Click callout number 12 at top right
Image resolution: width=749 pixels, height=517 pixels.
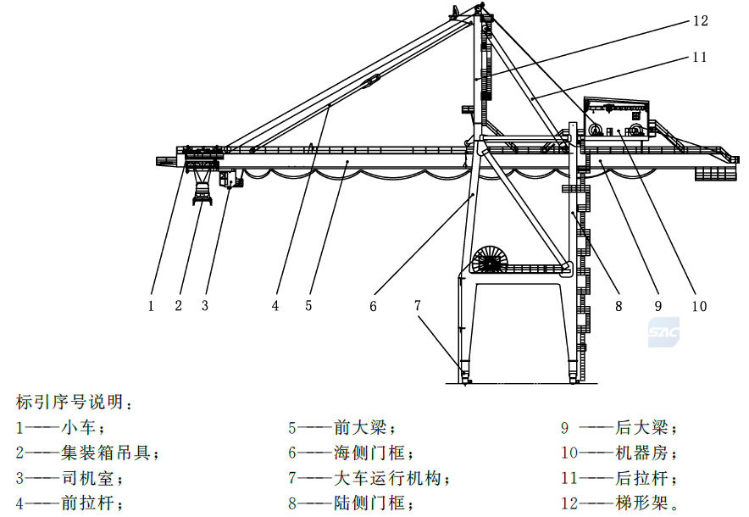[700, 20]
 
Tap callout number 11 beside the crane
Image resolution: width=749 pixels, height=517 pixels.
[700, 57]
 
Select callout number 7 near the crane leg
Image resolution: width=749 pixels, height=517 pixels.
[418, 305]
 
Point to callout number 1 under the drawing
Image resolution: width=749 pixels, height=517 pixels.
[151, 306]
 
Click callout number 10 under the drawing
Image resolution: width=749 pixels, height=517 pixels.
[699, 306]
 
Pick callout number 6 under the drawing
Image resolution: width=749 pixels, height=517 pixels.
[373, 306]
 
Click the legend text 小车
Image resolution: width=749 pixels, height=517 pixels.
[78, 426]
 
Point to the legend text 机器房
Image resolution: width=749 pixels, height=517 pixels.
[641, 452]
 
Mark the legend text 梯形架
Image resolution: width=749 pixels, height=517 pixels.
[641, 503]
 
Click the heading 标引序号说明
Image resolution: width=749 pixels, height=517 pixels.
[69, 402]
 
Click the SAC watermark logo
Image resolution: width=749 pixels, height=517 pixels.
[663, 331]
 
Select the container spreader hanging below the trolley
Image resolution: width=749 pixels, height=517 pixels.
[203, 188]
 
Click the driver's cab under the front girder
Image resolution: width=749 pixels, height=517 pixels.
[230, 178]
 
